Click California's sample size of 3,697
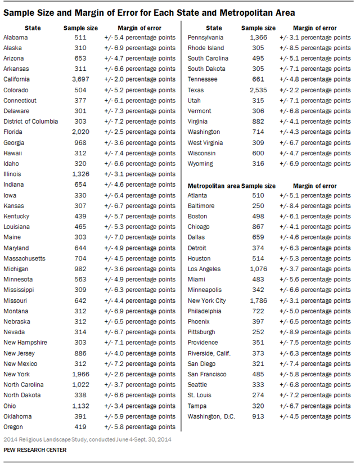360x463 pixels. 80,79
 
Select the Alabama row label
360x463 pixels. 16,37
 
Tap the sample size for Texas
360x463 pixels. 258,90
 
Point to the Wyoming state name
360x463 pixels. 200,164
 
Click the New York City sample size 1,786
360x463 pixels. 258,300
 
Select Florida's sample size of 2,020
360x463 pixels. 80,132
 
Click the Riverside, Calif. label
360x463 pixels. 209,353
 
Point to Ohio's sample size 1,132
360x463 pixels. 80,406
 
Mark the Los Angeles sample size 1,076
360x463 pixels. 258,269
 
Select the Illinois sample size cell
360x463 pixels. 80,174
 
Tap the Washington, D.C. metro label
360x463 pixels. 211,416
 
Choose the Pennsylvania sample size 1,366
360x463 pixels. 258,37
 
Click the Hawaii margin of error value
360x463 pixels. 139,153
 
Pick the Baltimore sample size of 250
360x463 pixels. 258,206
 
